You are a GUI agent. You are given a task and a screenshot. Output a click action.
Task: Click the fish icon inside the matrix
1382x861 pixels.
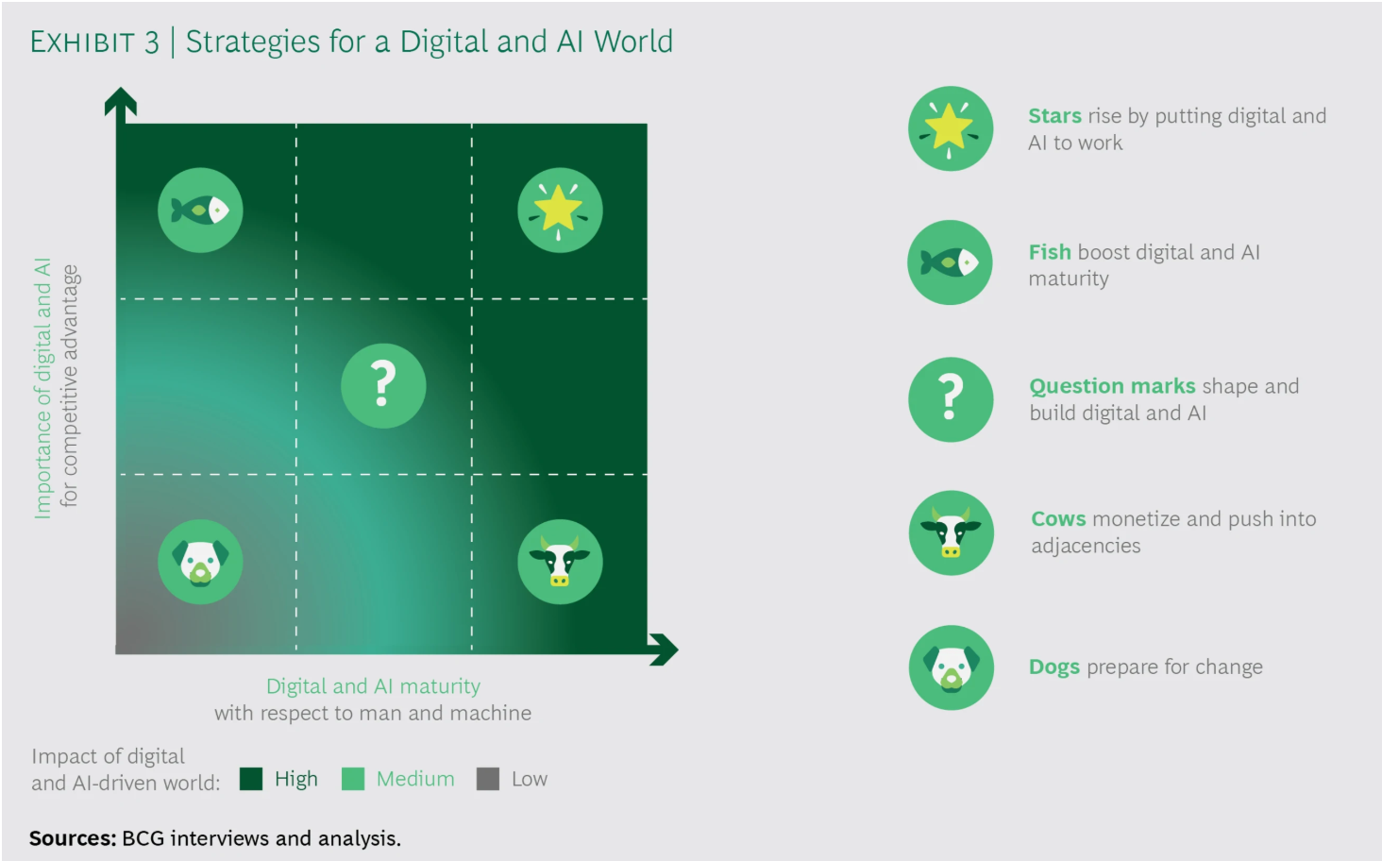[200, 210]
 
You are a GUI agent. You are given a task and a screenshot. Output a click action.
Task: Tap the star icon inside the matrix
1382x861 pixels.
[560, 210]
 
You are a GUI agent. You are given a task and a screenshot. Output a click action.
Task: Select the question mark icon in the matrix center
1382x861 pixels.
[383, 386]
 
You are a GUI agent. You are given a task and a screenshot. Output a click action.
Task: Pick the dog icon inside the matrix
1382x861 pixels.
[200, 562]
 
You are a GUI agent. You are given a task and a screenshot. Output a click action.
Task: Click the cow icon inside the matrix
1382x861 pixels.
[560, 562]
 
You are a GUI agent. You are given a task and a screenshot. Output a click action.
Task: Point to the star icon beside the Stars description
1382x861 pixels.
[950, 128]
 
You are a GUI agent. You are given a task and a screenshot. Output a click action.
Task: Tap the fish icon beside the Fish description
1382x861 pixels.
[950, 262]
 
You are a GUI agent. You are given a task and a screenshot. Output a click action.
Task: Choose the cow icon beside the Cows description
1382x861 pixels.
[951, 532]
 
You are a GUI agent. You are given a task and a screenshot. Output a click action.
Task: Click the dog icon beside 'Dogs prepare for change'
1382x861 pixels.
[951, 667]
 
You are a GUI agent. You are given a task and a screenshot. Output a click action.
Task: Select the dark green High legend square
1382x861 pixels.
[251, 779]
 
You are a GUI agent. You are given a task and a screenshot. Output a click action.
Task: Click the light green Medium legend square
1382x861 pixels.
[353, 779]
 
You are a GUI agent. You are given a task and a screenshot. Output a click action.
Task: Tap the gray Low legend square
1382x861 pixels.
[487, 779]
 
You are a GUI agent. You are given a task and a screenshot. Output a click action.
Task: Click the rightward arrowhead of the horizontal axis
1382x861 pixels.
[665, 650]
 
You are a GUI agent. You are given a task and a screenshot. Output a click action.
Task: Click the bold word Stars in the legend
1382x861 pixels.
[1054, 116]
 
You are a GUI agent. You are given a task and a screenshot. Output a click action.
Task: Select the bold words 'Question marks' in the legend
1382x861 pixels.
[1112, 386]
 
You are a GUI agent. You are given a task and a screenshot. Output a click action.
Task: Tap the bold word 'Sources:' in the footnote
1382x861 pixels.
[73, 838]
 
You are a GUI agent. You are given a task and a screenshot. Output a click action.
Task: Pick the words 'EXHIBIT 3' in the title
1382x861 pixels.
[94, 42]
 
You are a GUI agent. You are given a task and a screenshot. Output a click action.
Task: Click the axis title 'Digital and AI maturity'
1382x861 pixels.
[373, 685]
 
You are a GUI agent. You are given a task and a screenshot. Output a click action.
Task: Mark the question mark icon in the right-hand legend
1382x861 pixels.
[951, 399]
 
